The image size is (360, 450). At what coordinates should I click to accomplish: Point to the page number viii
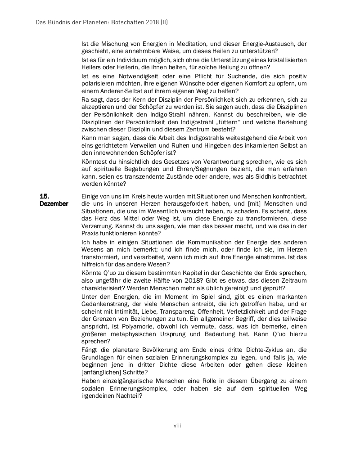click(x=177, y=425)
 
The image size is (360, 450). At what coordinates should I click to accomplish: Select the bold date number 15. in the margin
click(x=44, y=196)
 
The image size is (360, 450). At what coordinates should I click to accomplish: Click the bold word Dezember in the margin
click(x=54, y=204)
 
